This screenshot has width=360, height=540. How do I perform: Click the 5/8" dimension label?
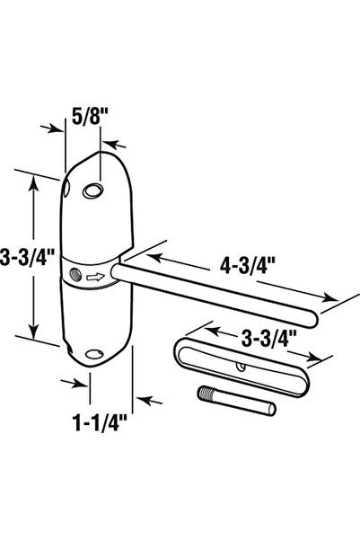tap(90, 117)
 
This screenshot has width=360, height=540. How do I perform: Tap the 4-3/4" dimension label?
tap(248, 266)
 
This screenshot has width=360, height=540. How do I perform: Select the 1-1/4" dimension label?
tap(100, 422)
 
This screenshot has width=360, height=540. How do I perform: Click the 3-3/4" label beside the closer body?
tap(27, 257)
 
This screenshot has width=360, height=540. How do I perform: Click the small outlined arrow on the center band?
tap(95, 276)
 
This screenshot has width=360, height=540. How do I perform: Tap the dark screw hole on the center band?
tap(75, 275)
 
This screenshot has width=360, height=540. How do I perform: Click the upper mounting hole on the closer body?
tap(93, 190)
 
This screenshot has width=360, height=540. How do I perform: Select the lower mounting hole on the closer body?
tap(94, 354)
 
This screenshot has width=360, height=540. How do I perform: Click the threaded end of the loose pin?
tap(204, 394)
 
